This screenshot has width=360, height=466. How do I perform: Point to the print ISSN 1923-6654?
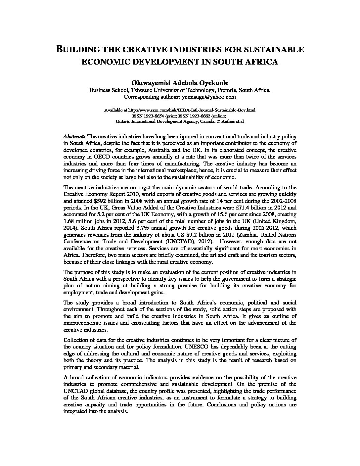click(155, 116)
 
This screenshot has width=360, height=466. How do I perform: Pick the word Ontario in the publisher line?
click(123, 121)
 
